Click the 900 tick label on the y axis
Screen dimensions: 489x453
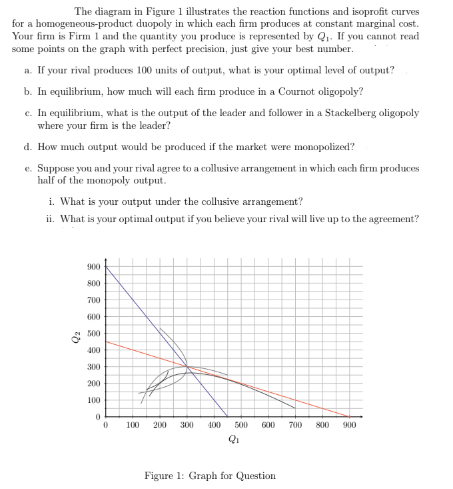pos(94,267)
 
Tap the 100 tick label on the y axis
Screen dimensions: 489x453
pos(94,400)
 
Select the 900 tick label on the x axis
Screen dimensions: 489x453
pos(350,424)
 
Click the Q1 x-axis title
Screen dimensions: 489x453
pos(233,439)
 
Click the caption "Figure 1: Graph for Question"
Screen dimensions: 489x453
pos(210,476)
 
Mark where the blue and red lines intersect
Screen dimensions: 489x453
pos(187,366)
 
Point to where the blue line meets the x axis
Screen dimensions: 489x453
pos(228,417)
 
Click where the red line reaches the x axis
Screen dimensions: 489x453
pos(350,417)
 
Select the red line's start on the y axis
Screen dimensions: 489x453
pos(105,342)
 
